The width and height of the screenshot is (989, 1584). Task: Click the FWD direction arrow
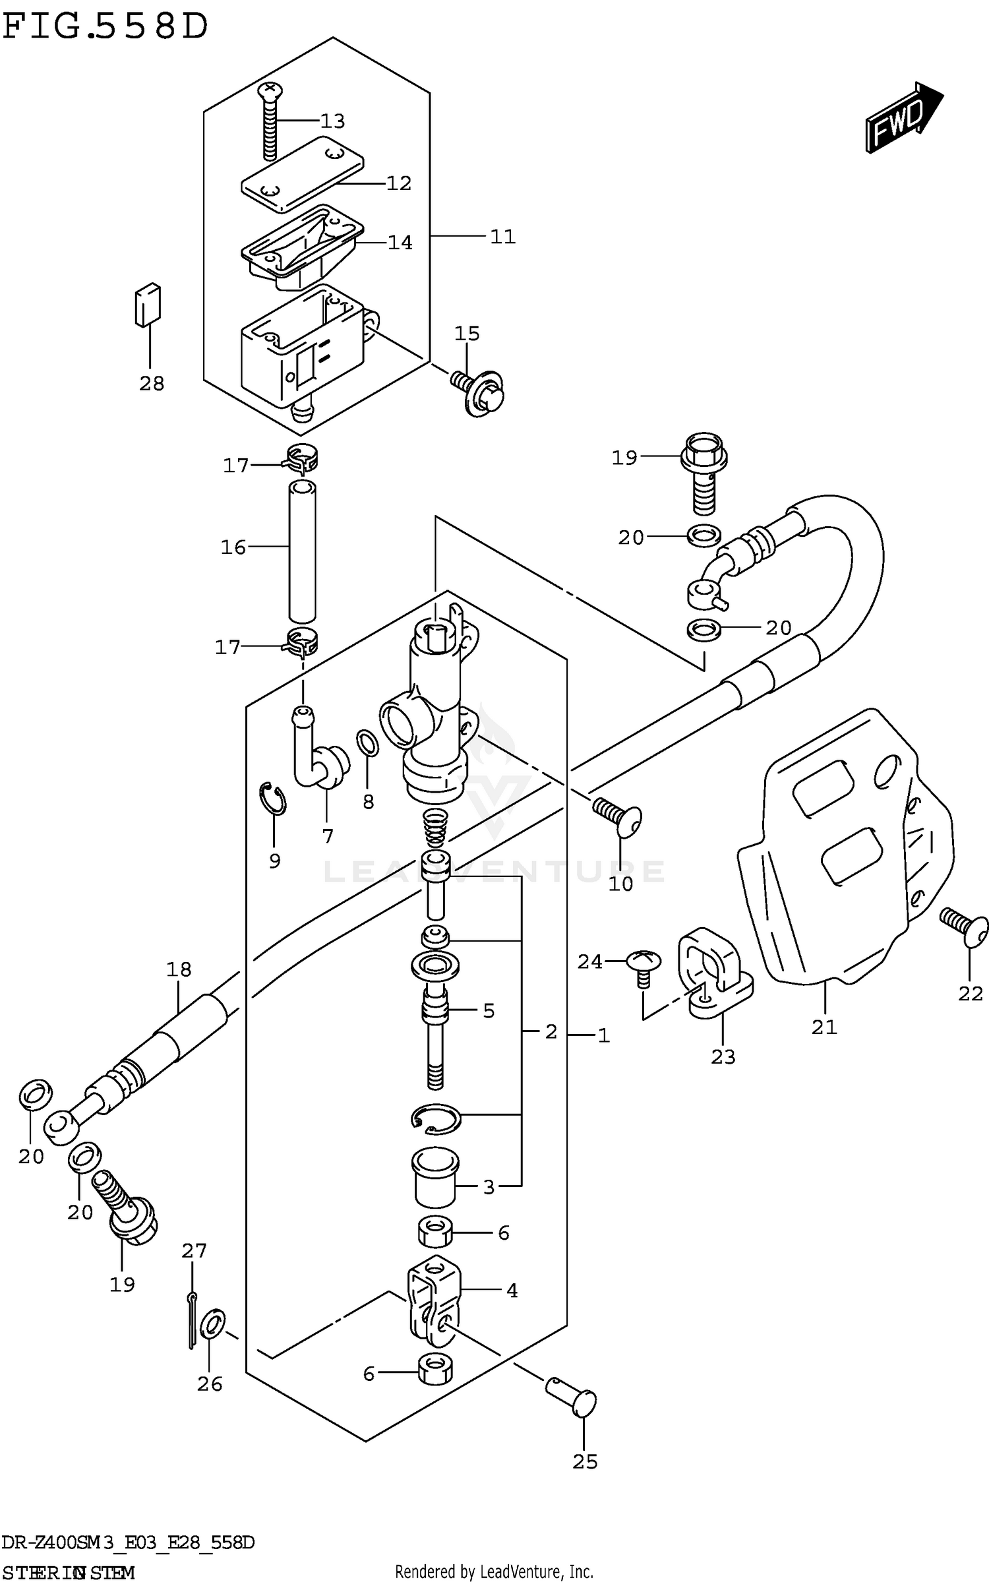[x=903, y=117]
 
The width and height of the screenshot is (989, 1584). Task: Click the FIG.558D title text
[x=105, y=28]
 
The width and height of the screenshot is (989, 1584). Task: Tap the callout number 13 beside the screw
[x=332, y=121]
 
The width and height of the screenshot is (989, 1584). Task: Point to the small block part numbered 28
[x=148, y=305]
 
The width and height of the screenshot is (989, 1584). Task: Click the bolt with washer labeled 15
[x=481, y=392]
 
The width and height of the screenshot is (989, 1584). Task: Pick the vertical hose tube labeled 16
[x=302, y=551]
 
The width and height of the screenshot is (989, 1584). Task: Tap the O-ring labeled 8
[x=368, y=743]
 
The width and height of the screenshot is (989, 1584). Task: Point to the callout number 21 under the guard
[x=824, y=1027]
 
